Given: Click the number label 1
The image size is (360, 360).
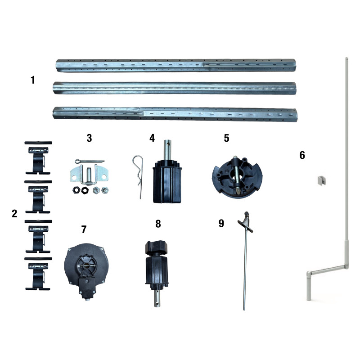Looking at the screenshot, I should pyautogui.click(x=33, y=80).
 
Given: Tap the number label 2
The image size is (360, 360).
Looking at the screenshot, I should pyautogui.click(x=14, y=213).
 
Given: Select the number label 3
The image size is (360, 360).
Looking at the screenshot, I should pyautogui.click(x=89, y=138).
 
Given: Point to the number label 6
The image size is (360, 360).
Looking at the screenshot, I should pyautogui.click(x=302, y=155).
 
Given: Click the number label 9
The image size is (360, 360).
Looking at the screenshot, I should pyautogui.click(x=221, y=223).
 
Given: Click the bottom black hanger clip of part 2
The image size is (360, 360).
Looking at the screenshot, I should pyautogui.click(x=38, y=273).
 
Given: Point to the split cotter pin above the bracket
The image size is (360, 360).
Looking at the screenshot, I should pyautogui.click(x=90, y=162).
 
